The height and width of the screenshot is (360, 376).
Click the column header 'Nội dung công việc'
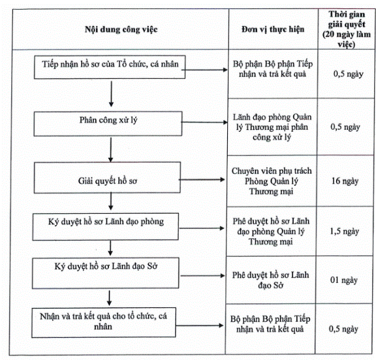click(121, 29)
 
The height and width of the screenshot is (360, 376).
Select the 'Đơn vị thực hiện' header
click(273, 29)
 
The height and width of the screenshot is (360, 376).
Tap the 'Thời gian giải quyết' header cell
click(347, 29)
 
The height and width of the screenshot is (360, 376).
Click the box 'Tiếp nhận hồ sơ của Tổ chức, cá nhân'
click(110, 67)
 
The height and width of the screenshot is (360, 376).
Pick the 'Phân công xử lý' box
click(108, 124)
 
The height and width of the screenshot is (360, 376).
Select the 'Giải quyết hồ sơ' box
click(107, 177)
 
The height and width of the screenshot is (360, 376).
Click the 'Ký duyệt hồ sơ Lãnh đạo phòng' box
click(106, 226)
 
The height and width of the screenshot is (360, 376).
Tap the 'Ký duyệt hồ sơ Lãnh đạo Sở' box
click(106, 273)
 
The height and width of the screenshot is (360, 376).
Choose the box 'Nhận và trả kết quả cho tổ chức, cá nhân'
click(104, 323)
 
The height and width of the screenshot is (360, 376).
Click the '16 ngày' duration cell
click(345, 181)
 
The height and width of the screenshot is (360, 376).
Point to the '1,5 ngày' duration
click(345, 231)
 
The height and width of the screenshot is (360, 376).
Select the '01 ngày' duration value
click(344, 280)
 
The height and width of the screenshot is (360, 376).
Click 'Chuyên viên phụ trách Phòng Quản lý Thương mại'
click(272, 181)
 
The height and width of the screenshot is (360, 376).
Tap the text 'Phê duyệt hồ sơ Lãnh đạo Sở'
click(270, 280)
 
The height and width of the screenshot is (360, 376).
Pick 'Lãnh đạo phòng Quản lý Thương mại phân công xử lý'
click(272, 127)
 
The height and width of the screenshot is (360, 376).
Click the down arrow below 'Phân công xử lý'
click(110, 150)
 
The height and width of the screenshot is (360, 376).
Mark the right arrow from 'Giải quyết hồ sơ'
click(202, 179)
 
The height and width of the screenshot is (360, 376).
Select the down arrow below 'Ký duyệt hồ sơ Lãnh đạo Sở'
click(110, 298)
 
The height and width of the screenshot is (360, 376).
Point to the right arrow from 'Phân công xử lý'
click(204, 123)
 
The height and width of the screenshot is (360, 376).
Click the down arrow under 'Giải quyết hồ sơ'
click(110, 202)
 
